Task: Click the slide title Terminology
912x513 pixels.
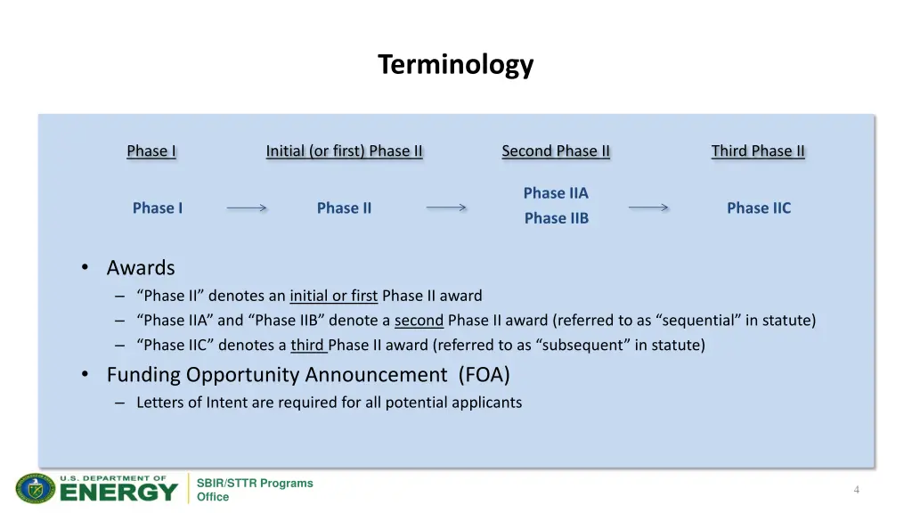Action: click(455, 65)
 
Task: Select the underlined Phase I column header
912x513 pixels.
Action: click(151, 151)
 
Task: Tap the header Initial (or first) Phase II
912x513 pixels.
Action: click(344, 151)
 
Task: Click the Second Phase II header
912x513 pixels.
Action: click(556, 151)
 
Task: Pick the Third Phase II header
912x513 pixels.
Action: click(758, 151)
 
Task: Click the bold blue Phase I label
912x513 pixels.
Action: click(158, 208)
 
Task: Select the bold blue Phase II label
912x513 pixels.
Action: click(344, 208)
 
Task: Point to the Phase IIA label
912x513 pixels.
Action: click(556, 193)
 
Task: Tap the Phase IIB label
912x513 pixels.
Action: click(556, 218)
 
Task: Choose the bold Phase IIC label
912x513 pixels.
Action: click(758, 208)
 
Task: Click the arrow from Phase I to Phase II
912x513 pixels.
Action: click(247, 208)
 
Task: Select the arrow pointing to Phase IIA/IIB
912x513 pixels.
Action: click(446, 208)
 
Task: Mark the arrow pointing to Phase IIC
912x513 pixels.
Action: click(648, 208)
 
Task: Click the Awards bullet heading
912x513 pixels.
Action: click(141, 267)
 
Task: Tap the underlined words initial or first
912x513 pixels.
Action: click(333, 296)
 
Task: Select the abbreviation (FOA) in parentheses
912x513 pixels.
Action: click(484, 375)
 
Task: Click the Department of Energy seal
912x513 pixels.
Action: click(36, 488)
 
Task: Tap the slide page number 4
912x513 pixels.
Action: click(856, 490)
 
